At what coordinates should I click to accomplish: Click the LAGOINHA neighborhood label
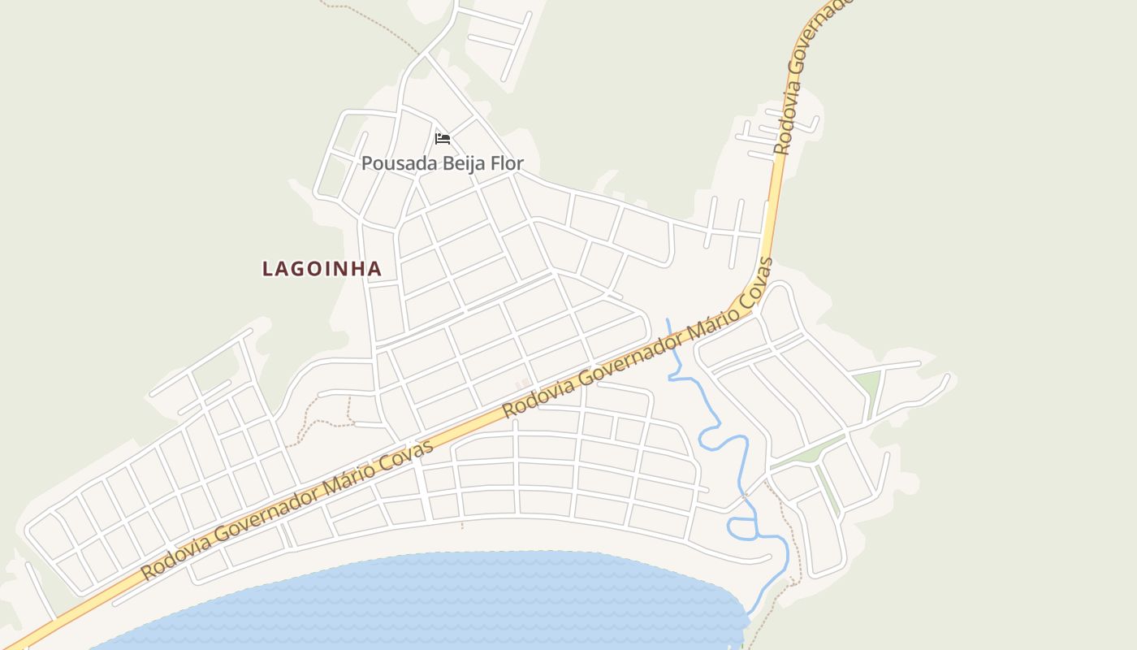pyautogui.click(x=322, y=269)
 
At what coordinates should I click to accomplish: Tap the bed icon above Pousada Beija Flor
pyautogui.click(x=443, y=139)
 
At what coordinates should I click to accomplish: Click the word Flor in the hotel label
pyautogui.click(x=506, y=163)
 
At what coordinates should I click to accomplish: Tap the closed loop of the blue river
pyautogui.click(x=741, y=528)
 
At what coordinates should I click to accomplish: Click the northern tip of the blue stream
pyautogui.click(x=668, y=321)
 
